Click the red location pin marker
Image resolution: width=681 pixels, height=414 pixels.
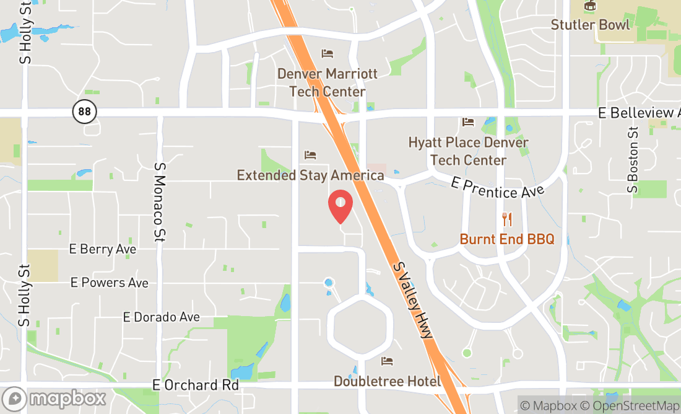[x=340, y=206]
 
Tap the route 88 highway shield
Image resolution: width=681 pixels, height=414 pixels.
[x=85, y=112]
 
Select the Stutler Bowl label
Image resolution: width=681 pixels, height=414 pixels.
[x=591, y=25]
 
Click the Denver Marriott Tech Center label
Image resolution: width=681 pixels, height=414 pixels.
[x=327, y=82]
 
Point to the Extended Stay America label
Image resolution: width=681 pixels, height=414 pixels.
[x=310, y=175]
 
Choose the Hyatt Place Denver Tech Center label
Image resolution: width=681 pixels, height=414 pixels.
[x=468, y=151]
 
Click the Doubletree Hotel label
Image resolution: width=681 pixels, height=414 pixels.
[x=387, y=381]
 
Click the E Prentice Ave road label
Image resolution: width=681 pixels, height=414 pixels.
[x=497, y=188]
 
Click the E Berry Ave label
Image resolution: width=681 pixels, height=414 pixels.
[x=103, y=249]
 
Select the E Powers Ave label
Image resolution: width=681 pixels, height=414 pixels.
[x=110, y=283]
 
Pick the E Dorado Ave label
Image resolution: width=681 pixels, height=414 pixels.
[x=161, y=317]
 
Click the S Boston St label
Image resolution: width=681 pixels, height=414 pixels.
[x=632, y=159]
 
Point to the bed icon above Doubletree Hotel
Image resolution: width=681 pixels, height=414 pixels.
[x=388, y=361]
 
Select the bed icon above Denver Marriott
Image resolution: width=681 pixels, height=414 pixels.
[x=327, y=53]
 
